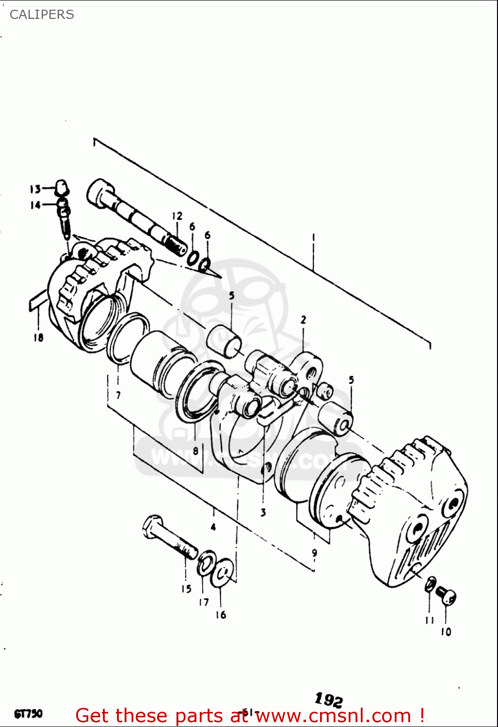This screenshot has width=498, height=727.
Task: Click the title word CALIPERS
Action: point(42,15)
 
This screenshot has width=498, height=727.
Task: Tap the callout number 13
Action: point(35,189)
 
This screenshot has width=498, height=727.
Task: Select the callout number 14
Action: point(35,205)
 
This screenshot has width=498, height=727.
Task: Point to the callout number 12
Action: point(177,216)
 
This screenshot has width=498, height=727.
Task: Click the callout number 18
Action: point(38,338)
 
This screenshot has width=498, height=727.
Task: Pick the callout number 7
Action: point(118,395)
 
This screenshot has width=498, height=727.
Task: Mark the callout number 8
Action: point(195,451)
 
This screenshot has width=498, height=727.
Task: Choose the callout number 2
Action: point(304,320)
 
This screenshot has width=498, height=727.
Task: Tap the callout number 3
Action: point(263,512)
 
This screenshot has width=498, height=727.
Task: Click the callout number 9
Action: point(315,553)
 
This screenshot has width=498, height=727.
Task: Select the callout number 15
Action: point(187,589)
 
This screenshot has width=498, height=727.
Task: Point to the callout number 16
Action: point(221,615)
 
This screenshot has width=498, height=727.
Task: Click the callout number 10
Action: point(446,632)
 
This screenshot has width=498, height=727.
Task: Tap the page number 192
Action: point(329,699)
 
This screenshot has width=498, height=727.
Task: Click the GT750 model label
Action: point(28,713)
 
